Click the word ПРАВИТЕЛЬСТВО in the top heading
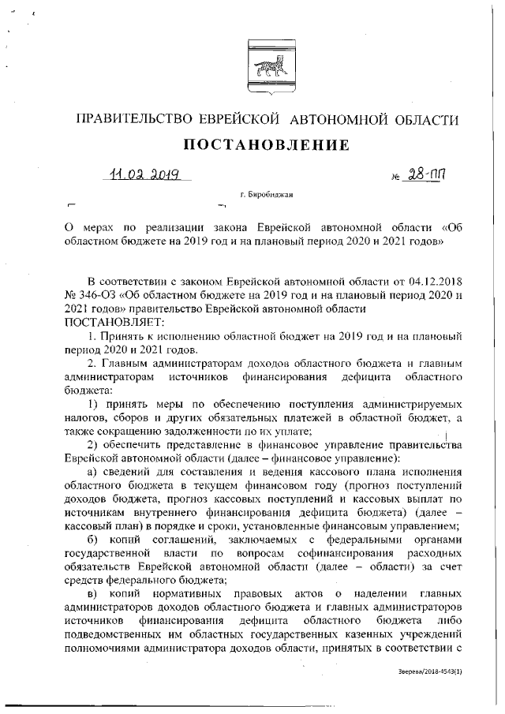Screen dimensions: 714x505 coord(132,119)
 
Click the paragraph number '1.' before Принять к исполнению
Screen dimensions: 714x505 coord(93,337)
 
